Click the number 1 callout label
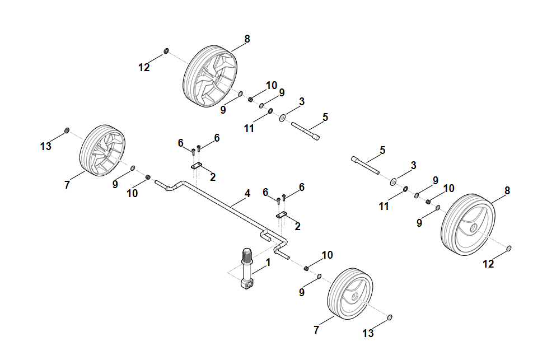268,261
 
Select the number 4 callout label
247,194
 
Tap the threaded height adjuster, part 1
247,269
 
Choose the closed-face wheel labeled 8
470,225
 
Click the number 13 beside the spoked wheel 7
45,147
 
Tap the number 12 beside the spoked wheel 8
144,67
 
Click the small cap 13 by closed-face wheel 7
390,318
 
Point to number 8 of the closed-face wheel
507,190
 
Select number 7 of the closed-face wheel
316,330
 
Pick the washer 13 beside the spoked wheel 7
67,131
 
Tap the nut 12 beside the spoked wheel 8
166,52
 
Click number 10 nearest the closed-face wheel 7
327,255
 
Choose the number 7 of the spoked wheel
67,185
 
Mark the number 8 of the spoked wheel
247,39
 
